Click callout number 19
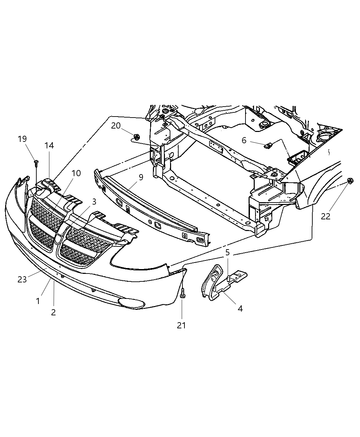point(22,139)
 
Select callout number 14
point(49,145)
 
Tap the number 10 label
point(76,173)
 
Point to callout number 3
point(94,201)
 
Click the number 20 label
point(116,126)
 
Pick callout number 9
point(141,178)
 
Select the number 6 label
point(244,140)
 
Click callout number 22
point(325,216)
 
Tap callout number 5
point(228,253)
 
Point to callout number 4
point(240,308)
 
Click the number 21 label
point(181,325)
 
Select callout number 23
point(22,279)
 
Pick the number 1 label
point(38,301)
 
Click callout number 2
point(53,312)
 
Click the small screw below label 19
point(36,162)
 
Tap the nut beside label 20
point(136,137)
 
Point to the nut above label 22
point(350,181)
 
